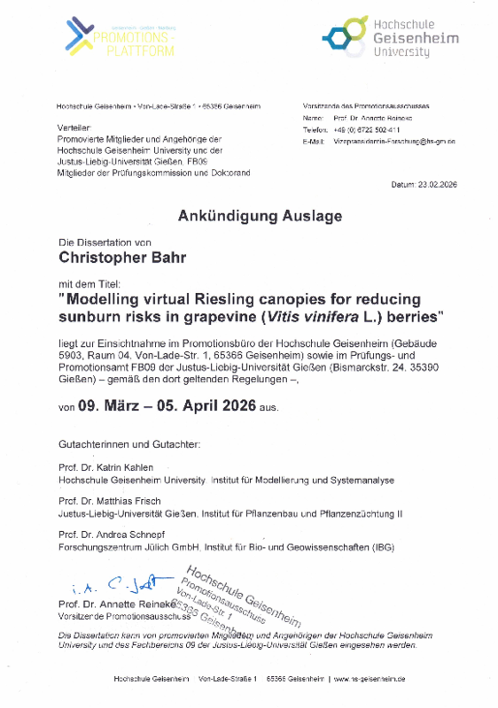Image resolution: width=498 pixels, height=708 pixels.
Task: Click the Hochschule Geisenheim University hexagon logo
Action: coord(340,38)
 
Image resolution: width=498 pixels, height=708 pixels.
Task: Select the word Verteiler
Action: coord(72,128)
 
